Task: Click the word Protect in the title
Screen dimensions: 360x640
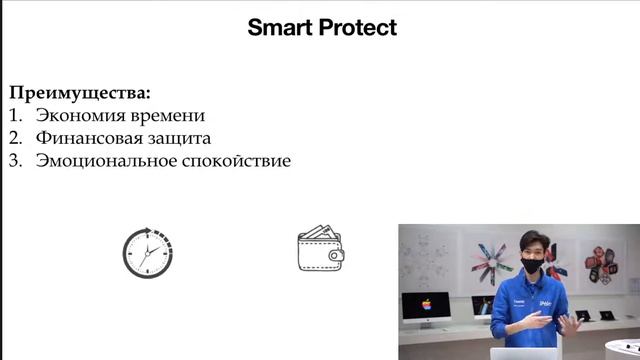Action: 360,28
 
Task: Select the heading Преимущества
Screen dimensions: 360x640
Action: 80,93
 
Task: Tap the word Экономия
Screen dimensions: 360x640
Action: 80,115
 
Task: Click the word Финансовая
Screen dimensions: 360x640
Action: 90,138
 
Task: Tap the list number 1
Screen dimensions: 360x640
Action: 14,115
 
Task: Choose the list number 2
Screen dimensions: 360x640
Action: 14,138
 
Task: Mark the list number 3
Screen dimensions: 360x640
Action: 14,160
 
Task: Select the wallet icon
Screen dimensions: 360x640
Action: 321,250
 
